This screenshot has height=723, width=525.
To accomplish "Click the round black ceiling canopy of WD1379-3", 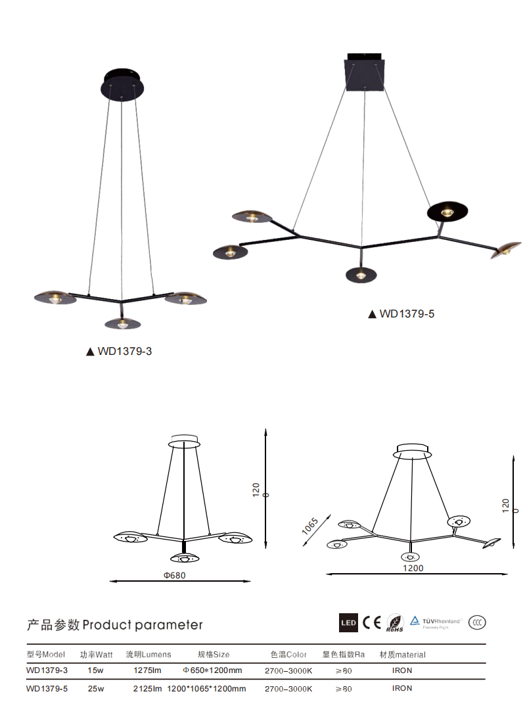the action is [122, 84].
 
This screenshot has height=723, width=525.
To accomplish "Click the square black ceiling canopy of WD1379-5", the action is [365, 72].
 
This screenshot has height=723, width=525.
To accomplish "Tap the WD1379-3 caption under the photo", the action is [119, 352].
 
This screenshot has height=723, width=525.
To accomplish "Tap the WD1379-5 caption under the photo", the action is [401, 314].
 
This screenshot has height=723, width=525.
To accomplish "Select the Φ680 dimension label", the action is [175, 576].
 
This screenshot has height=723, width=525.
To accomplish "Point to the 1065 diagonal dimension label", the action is [309, 526].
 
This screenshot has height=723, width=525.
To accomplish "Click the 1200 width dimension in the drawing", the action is [413, 568].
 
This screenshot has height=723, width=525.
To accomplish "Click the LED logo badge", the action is [348, 623].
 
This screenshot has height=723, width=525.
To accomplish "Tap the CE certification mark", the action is [371, 622].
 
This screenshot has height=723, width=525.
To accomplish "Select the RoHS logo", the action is [395, 623].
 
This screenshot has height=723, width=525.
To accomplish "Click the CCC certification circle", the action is [477, 622].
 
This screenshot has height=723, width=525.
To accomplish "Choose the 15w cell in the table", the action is [95, 670].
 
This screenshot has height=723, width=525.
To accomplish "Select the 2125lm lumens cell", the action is [147, 688].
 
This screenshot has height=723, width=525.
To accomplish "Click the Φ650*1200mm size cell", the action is [212, 670].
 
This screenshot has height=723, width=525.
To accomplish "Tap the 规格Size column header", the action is [214, 655].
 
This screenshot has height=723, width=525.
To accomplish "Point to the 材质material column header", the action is [402, 655].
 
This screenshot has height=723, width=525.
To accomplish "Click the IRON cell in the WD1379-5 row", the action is [402, 688].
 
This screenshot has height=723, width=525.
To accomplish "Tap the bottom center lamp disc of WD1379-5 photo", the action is [361, 275].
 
